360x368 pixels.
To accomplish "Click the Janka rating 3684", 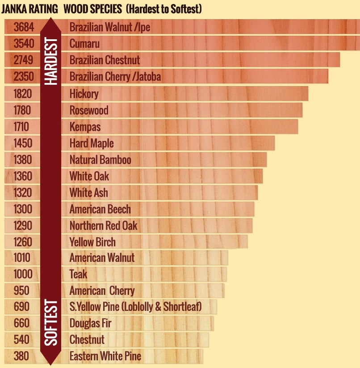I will (x=24, y=27).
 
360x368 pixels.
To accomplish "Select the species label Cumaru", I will (x=84, y=44).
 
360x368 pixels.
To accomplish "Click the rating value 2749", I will (x=24, y=60).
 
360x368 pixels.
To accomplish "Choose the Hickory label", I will (x=84, y=94).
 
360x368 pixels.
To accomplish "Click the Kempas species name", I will (x=85, y=127).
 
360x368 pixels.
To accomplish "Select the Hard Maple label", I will (x=92, y=143).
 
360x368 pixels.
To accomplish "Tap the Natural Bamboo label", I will (x=100, y=159).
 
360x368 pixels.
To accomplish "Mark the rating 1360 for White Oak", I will (x=23, y=176).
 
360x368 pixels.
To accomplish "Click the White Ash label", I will (x=88, y=193).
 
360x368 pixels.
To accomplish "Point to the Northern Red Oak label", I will (x=103, y=226).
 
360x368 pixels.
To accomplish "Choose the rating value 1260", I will (x=23, y=242).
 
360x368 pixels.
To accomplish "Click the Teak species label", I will (x=78, y=274).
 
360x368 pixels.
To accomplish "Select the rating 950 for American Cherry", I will (x=21, y=291).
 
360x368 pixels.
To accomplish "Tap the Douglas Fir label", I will (x=90, y=323).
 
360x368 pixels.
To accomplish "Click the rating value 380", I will (x=21, y=356).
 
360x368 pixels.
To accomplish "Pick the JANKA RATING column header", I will (x=30, y=9).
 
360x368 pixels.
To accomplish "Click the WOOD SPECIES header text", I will (x=93, y=9).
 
